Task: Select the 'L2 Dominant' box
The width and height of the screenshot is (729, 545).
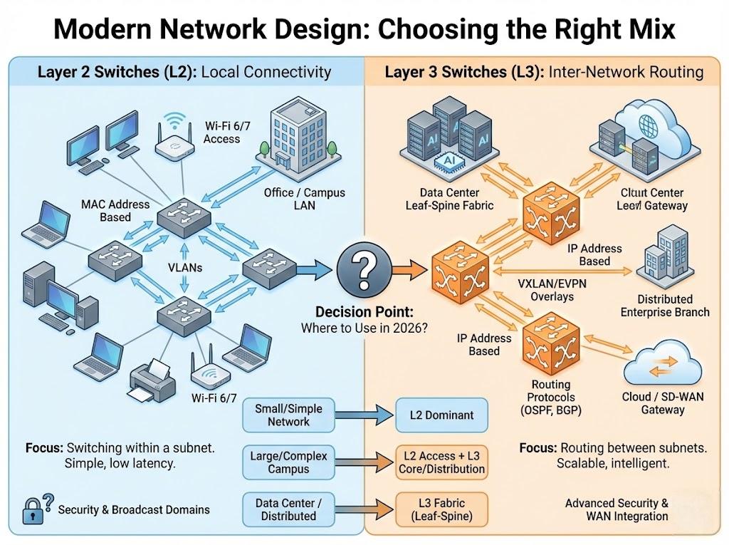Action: point(441,415)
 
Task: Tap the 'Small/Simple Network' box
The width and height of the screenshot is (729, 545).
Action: point(288,415)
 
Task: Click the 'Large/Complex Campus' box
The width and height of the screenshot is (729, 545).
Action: point(288,462)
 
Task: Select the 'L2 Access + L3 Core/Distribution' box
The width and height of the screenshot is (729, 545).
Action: point(441,462)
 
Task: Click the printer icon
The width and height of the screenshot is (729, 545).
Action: point(152,381)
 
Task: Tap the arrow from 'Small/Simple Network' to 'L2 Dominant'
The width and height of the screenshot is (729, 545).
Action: point(364,415)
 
